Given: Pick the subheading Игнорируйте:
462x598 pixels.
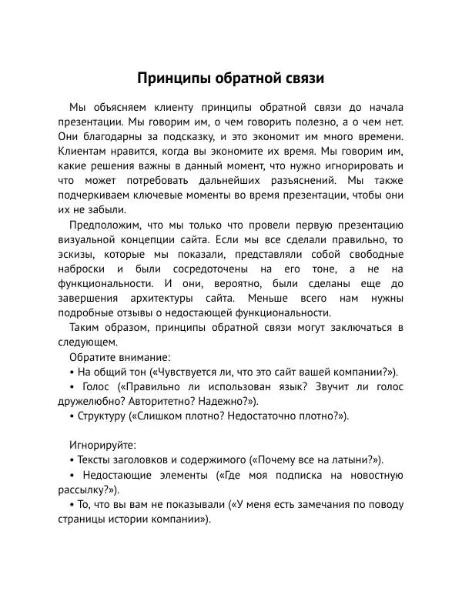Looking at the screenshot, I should click(x=102, y=445).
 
